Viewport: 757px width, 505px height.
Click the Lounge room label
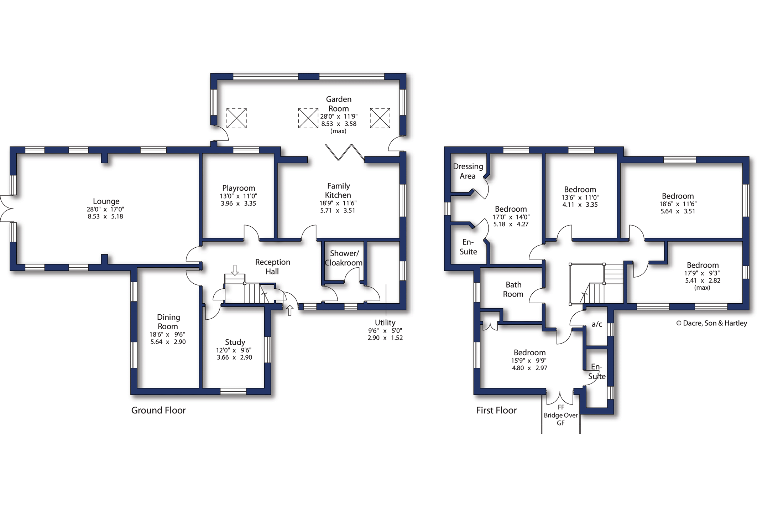point(106,201)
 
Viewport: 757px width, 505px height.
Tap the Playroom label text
point(239,188)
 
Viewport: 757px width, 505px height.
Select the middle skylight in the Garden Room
point(308,118)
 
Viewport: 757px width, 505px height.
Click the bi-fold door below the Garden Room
point(344,152)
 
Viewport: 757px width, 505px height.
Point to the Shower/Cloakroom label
point(344,258)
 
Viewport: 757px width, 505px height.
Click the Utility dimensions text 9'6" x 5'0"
point(385,330)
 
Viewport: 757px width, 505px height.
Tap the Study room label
point(235,342)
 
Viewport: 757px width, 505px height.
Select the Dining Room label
point(168,321)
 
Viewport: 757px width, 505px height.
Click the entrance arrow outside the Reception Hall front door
point(290,310)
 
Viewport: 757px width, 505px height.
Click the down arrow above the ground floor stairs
point(235,270)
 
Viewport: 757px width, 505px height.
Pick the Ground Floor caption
point(158,410)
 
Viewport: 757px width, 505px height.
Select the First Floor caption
point(496,410)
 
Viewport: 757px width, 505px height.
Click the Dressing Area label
point(468,171)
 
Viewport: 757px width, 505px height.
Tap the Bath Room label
point(513,289)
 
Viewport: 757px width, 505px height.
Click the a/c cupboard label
point(597,324)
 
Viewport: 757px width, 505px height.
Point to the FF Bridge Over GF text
point(560,415)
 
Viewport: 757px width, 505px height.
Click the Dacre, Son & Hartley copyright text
point(711,323)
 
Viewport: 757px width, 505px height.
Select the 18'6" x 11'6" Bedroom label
point(678,196)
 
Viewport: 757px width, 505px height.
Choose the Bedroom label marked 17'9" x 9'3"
point(703,265)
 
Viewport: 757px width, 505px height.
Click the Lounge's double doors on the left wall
point(6,209)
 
